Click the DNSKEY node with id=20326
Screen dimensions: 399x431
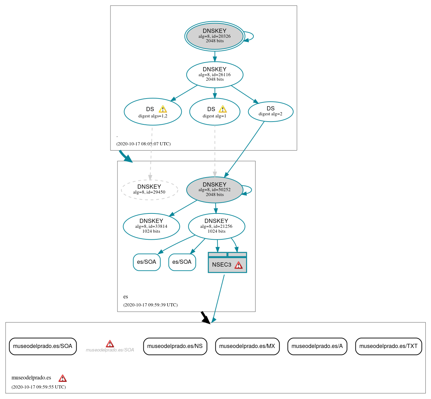pos(215,36)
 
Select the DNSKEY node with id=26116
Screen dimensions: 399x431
pos(215,74)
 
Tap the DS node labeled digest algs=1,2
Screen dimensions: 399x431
pos(153,112)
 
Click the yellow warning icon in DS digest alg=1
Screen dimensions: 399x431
pos(223,109)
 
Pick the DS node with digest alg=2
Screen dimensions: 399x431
pos(271,112)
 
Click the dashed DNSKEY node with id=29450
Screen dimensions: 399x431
pos(150,190)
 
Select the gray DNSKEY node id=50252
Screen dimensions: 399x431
pos(215,190)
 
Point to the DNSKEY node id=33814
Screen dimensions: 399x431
pos(151,226)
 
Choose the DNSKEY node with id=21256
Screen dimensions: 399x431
pos(216,226)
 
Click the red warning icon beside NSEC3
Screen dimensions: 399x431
pos(238,265)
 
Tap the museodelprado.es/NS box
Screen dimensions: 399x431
pos(175,346)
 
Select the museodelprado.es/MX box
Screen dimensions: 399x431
pos(247,346)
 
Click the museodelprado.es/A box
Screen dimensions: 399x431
pos(317,346)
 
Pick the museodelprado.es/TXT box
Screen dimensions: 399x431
pos(388,346)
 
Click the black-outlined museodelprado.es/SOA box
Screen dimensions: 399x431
pos(43,346)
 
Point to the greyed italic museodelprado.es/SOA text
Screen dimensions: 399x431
pos(110,350)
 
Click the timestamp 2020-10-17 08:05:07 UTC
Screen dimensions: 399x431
pos(143,144)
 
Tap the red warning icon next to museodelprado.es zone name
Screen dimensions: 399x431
pos(63,378)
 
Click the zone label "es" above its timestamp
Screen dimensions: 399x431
pos(125,297)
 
